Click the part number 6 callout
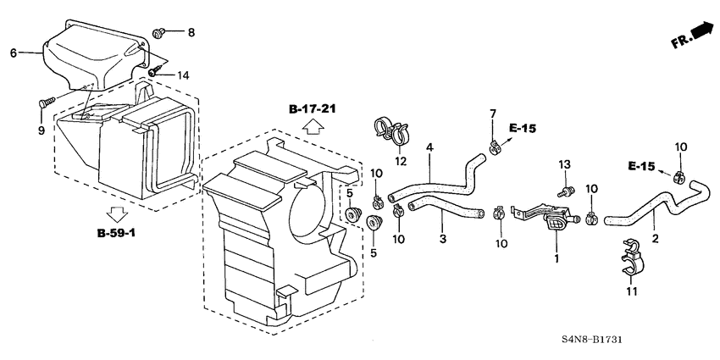point(13,53)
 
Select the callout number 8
point(191,33)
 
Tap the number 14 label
point(183,75)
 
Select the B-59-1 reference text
point(118,231)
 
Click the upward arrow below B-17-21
point(312,128)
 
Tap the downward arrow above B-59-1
point(118,213)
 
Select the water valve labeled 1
point(555,221)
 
